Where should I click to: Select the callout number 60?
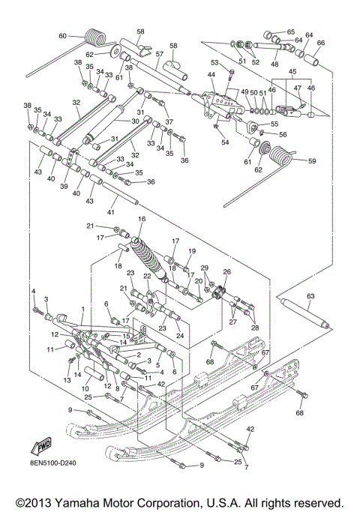coord(63,36)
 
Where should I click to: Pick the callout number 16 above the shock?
coord(140,219)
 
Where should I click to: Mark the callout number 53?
coord(214,63)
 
